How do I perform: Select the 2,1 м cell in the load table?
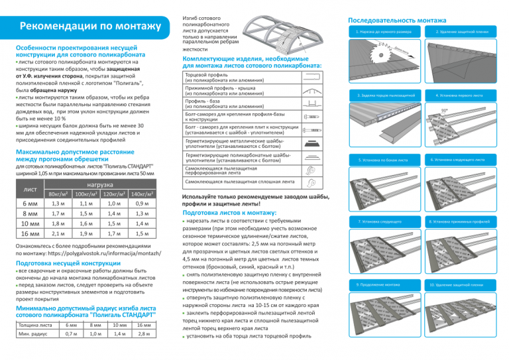(58, 233)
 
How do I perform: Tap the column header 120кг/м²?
(109, 193)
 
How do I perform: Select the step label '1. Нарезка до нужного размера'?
(384, 32)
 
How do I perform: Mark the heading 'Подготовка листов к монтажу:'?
(230, 212)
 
